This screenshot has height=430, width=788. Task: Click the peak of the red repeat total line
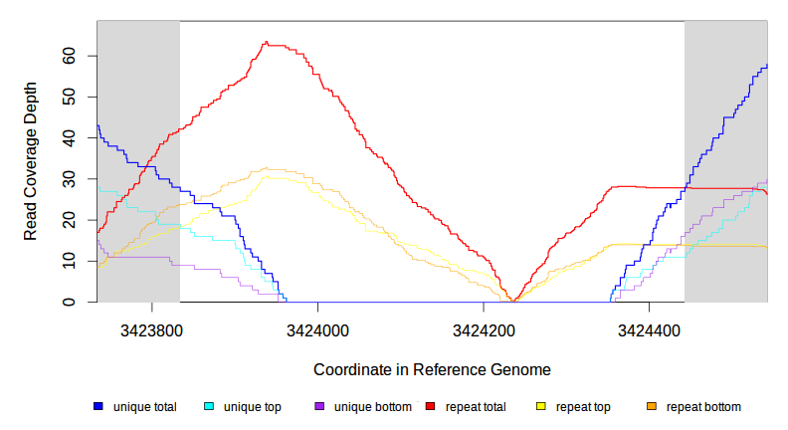[266, 43]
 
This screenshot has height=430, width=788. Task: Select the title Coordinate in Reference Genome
[432, 369]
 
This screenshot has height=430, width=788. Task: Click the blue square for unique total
[98, 407]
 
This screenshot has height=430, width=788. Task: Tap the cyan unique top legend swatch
[209, 407]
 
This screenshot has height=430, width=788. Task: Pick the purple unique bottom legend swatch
[319, 407]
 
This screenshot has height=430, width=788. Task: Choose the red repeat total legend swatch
[430, 407]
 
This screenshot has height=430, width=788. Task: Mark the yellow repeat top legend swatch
[541, 407]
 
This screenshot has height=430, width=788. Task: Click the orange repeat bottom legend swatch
[652, 407]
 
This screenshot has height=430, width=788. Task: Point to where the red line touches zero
[513, 301]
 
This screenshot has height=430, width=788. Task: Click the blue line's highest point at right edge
[766, 66]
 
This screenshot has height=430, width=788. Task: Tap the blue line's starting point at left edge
[98, 126]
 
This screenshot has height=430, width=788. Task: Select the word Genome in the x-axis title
[523, 369]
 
